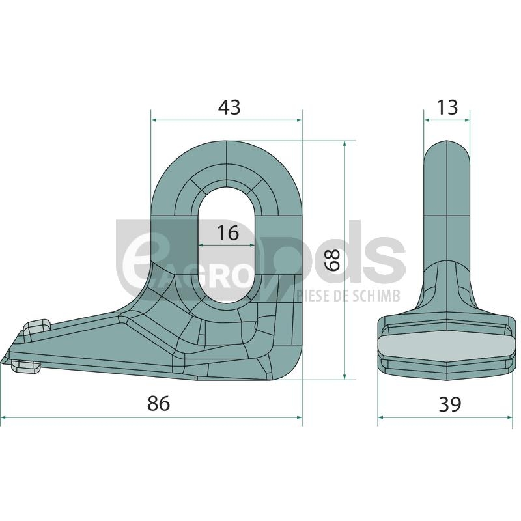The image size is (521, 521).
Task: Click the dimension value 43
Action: [x=229, y=107]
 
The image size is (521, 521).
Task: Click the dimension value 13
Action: [x=447, y=107]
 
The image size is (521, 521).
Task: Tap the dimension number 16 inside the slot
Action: [x=228, y=232]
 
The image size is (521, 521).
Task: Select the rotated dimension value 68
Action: [x=332, y=260]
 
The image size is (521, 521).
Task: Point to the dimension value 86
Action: [x=158, y=404]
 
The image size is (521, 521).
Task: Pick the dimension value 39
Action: [x=450, y=404]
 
